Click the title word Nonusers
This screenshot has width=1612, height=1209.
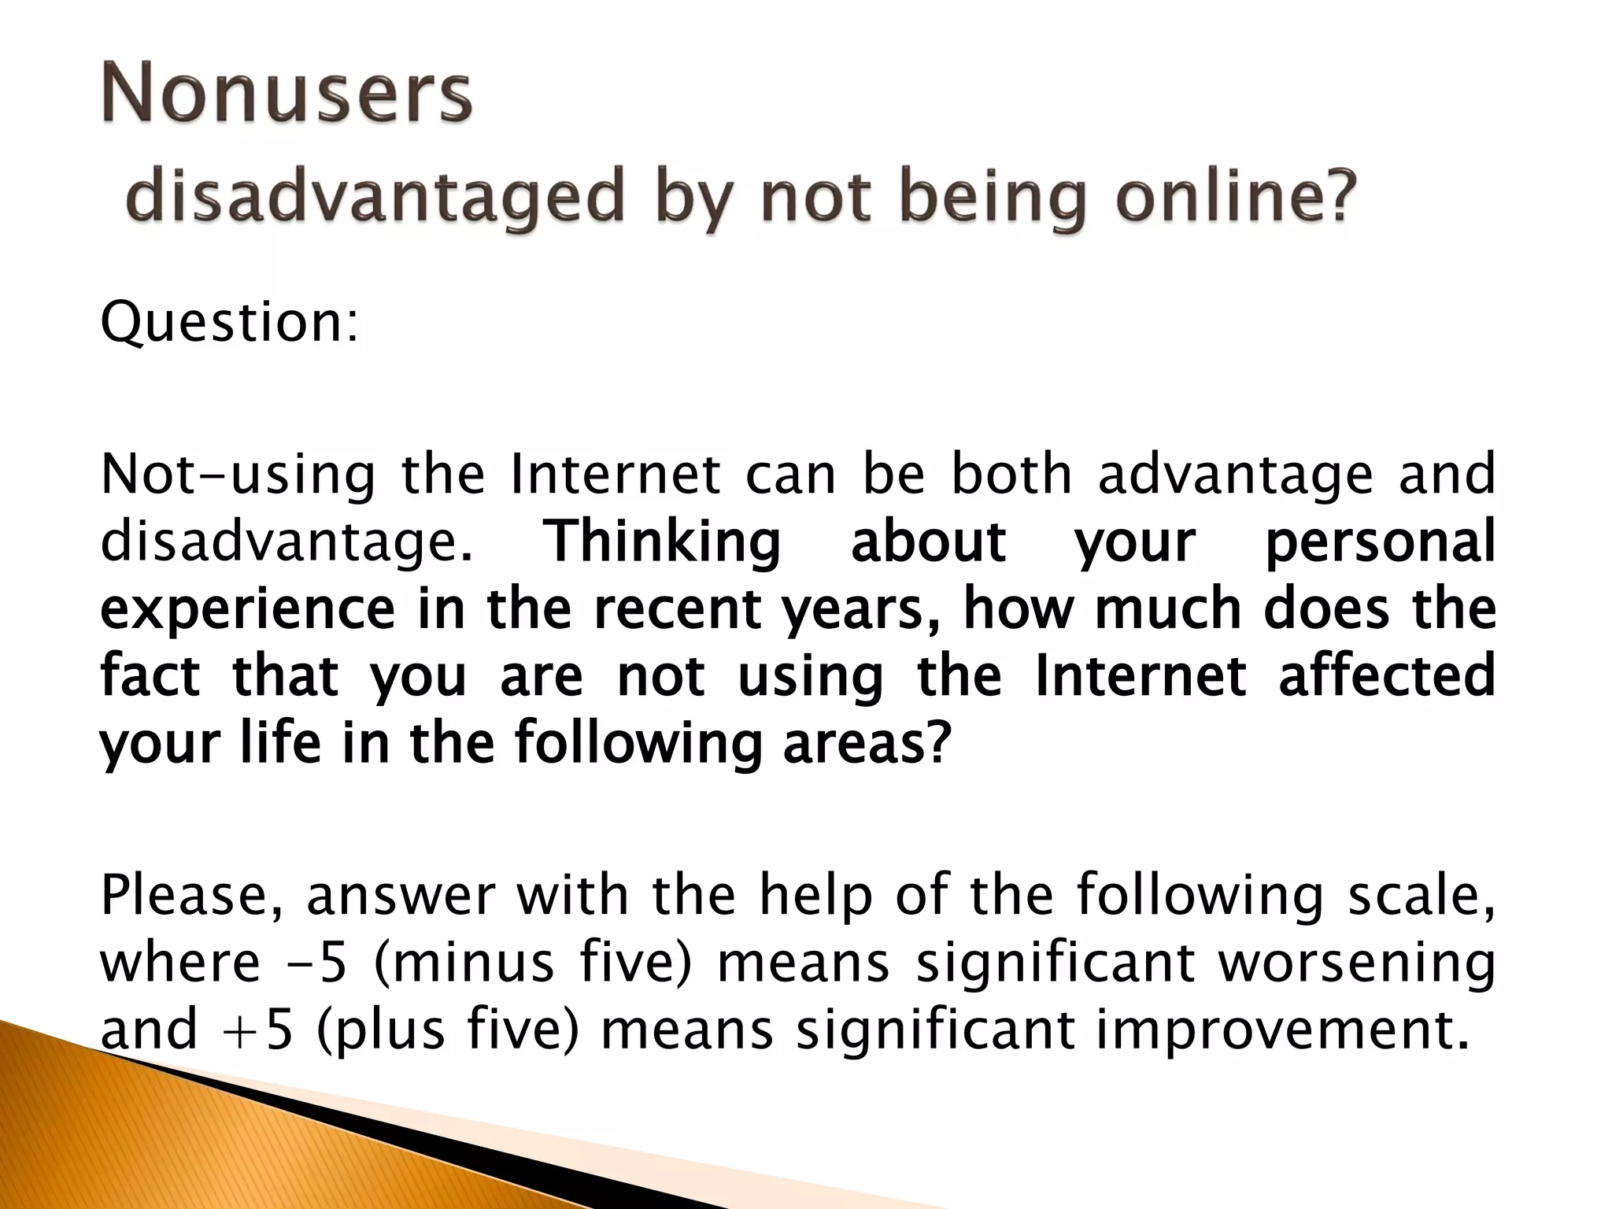(x=287, y=95)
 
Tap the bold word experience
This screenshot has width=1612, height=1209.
(x=248, y=611)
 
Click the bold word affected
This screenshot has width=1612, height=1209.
(x=1386, y=676)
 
